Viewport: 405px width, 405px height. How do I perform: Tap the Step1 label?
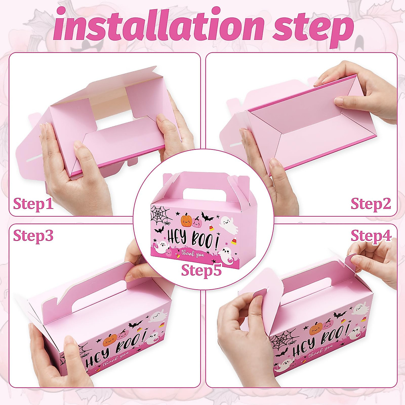pyautogui.click(x=33, y=204)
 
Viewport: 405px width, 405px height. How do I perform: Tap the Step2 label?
pyautogui.click(x=371, y=204)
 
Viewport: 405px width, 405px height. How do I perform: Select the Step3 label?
pyautogui.click(x=33, y=236)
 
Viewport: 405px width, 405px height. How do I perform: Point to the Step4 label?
pyautogui.click(x=371, y=236)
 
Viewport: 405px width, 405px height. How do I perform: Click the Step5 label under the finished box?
pyautogui.click(x=201, y=270)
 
